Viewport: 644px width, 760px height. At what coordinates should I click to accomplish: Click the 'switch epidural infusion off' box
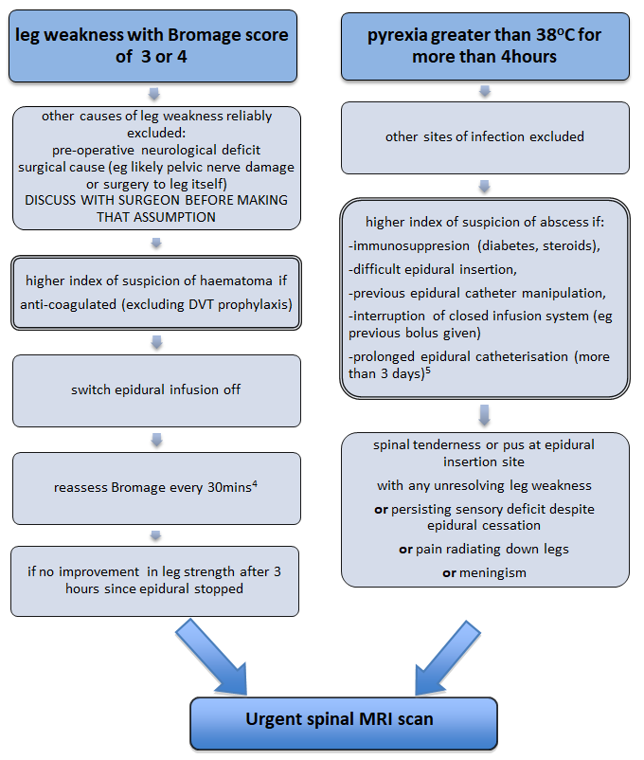click(x=155, y=389)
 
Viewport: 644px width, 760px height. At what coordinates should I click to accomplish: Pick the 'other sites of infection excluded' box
click(x=484, y=136)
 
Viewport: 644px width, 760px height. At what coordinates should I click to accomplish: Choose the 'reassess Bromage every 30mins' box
click(x=155, y=488)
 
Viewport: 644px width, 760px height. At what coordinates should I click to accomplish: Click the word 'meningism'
click(x=484, y=573)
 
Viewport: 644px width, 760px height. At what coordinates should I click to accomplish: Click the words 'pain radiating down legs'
click(x=492, y=550)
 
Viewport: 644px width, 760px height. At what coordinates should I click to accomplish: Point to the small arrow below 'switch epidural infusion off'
click(x=155, y=439)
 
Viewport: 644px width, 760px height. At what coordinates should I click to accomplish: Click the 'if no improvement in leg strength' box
click(x=155, y=581)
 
